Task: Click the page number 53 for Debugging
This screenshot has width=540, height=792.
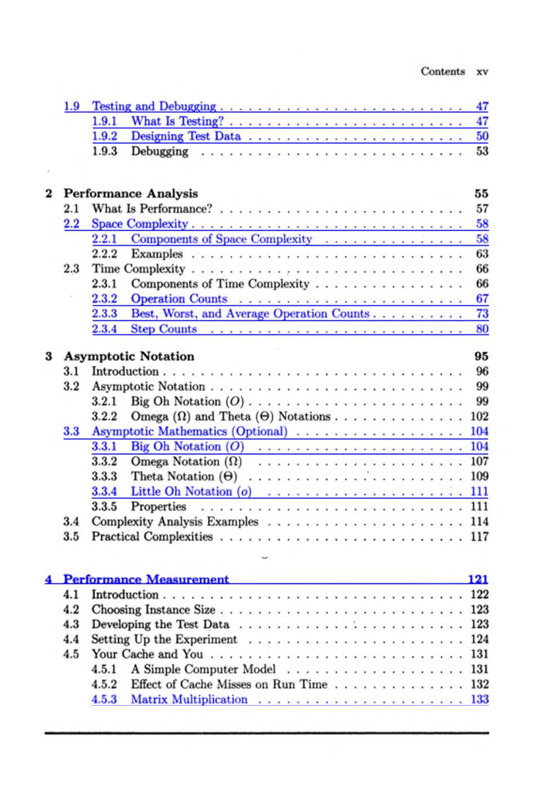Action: pyautogui.click(x=481, y=151)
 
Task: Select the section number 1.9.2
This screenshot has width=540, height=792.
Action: pyautogui.click(x=104, y=136)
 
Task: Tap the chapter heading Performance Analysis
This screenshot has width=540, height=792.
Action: pyautogui.click(x=131, y=193)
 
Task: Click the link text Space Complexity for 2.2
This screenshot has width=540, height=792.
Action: pyautogui.click(x=140, y=224)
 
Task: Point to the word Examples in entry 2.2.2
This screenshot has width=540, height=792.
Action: pyautogui.click(x=157, y=254)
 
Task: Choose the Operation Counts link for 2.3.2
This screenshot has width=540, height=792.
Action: pyautogui.click(x=179, y=299)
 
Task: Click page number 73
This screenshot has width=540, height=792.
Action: pyautogui.click(x=481, y=314)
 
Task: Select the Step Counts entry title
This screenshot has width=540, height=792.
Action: pyautogui.click(x=163, y=329)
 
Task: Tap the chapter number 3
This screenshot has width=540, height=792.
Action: pyautogui.click(x=48, y=356)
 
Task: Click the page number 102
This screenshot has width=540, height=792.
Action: pyautogui.click(x=479, y=417)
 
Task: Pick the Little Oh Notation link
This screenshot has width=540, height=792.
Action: pyautogui.click(x=191, y=492)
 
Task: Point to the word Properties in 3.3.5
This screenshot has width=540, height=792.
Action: pyautogui.click(x=158, y=507)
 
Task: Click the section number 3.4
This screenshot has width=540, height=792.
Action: pyautogui.click(x=71, y=521)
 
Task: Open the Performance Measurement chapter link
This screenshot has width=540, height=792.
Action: pyautogui.click(x=146, y=579)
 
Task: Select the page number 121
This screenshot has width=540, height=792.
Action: pyautogui.click(x=477, y=579)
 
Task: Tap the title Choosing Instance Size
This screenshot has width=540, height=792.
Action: pyautogui.click(x=153, y=609)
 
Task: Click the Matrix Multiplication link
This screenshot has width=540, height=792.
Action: pyautogui.click(x=189, y=700)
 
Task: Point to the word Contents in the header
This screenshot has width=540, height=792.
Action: pyautogui.click(x=442, y=72)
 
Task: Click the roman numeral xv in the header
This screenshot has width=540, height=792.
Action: pyautogui.click(x=482, y=72)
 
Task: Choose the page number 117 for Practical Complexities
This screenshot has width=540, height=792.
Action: pyautogui.click(x=479, y=537)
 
